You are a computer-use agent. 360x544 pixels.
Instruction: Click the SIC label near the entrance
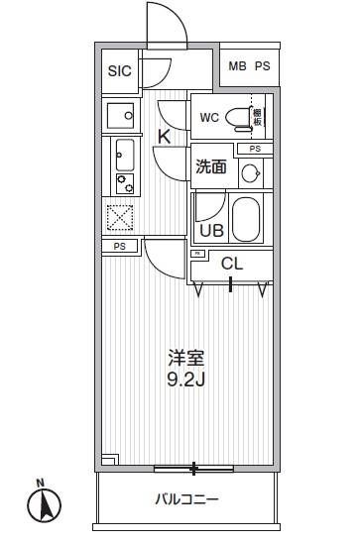coord(119,71)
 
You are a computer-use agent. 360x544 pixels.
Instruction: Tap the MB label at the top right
coord(237,66)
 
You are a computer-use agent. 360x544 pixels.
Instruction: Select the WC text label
coord(209,118)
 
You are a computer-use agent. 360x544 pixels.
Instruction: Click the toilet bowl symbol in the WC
coord(238,118)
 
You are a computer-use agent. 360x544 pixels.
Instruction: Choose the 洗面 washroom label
coord(211,167)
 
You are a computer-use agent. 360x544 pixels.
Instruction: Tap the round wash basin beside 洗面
coord(250,174)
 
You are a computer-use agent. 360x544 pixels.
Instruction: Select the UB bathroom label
coord(211,230)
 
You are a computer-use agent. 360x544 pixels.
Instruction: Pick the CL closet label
coord(231,264)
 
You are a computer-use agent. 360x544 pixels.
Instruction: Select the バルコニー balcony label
coord(185,499)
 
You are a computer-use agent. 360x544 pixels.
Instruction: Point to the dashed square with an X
coord(120,217)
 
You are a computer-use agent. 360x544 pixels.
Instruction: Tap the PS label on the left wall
coord(119,246)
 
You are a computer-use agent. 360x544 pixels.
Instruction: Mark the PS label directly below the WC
coord(255,149)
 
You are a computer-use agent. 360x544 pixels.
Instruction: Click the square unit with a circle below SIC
coord(121,116)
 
